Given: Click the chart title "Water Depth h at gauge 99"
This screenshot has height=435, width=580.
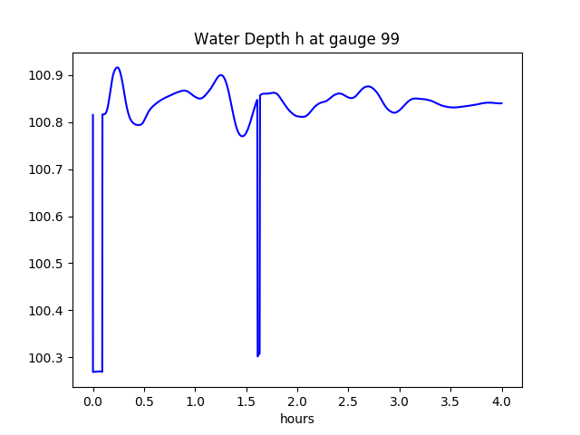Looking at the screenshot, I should pos(296,39).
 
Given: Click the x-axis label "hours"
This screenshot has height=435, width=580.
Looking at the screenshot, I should pos(297,419).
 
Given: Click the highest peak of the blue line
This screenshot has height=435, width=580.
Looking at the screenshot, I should pos(117,67).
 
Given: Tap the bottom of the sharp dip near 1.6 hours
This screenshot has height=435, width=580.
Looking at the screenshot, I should pos(257,355).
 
